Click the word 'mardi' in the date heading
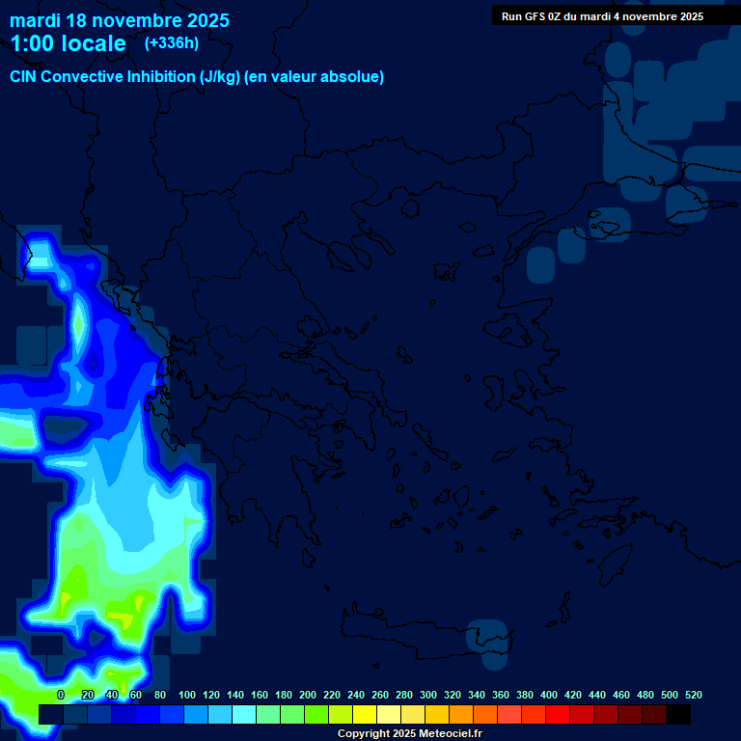pos(36,20)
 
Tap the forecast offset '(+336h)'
pos(171,42)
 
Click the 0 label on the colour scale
pos(61,695)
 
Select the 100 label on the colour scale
pos(187,695)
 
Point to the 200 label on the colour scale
pos(308,695)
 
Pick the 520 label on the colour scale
pos(693,695)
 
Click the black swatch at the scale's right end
pos(678,714)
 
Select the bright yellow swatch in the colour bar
pos(365,714)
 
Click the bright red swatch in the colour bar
pos(558,714)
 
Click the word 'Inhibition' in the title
pos(160,77)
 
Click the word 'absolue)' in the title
pos(354,77)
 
